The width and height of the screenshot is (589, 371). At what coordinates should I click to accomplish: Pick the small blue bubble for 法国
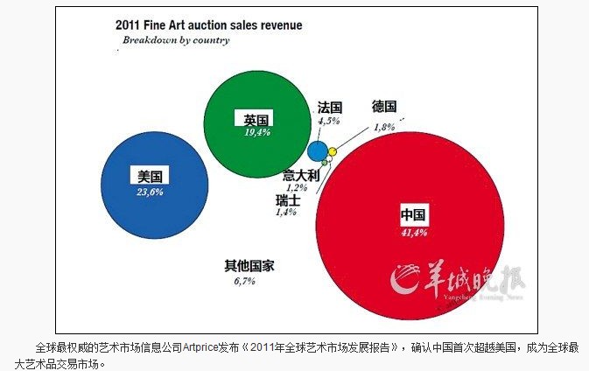(318, 150)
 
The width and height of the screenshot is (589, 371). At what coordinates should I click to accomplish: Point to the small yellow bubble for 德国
(333, 151)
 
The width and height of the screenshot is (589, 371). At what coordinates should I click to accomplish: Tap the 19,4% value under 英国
(256, 133)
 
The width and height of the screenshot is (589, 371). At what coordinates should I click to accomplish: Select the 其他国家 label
(249, 266)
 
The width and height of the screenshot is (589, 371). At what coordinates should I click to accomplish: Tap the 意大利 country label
(300, 175)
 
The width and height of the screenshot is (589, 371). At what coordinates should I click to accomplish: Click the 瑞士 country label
(288, 200)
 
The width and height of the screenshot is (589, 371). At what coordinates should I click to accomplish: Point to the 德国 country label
(385, 106)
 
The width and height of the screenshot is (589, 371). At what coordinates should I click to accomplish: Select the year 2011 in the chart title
(128, 25)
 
